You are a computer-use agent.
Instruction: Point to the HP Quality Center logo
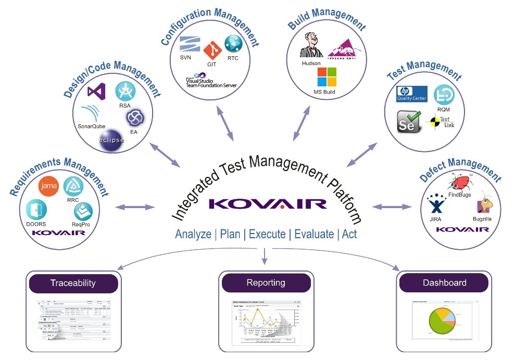[x=411, y=94]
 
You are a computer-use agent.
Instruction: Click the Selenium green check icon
[x=409, y=122]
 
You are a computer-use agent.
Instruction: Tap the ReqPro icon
[x=83, y=210]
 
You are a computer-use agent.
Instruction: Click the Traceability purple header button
[x=73, y=283]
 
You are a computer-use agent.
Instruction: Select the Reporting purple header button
[x=266, y=283]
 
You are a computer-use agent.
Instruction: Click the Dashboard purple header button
[x=444, y=283]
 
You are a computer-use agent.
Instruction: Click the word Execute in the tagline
[x=267, y=234]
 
